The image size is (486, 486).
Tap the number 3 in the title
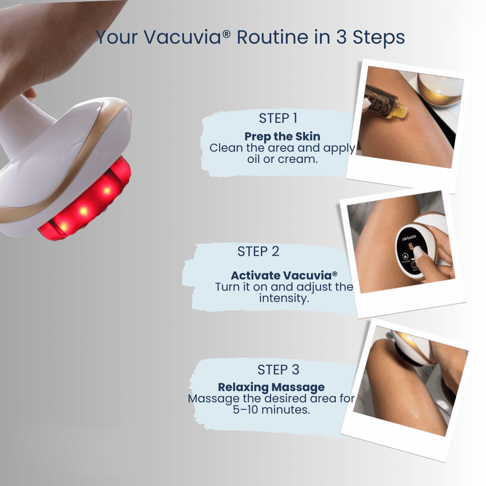[x=341, y=37]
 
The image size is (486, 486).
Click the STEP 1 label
[x=278, y=118]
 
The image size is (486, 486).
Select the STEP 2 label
[x=258, y=252]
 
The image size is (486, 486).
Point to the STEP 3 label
[x=279, y=370]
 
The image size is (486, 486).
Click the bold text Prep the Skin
[x=282, y=137]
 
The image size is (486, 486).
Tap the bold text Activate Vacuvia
[x=284, y=276]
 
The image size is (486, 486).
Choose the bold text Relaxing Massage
[x=271, y=387]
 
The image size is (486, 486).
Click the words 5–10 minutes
[x=271, y=410]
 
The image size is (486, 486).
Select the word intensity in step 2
[x=284, y=299]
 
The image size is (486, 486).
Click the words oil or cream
[x=282, y=159]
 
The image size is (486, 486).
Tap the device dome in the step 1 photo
[x=439, y=90]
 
